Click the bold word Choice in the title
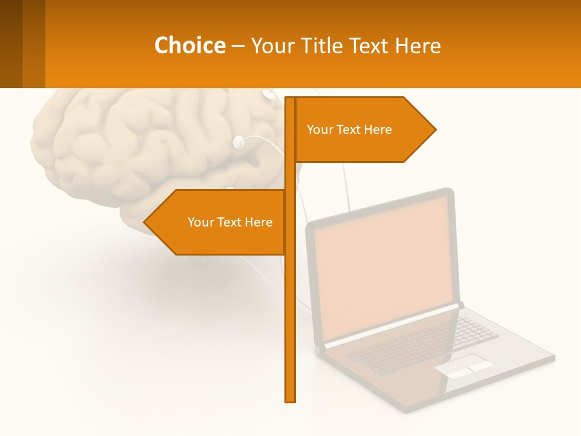[x=189, y=45]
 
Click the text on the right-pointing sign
[x=349, y=130]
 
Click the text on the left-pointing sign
[x=230, y=222]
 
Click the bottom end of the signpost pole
[x=290, y=400]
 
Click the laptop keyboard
[x=424, y=342]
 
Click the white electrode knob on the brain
[x=238, y=143]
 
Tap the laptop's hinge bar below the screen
[x=393, y=326]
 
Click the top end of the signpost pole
[x=290, y=99]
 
